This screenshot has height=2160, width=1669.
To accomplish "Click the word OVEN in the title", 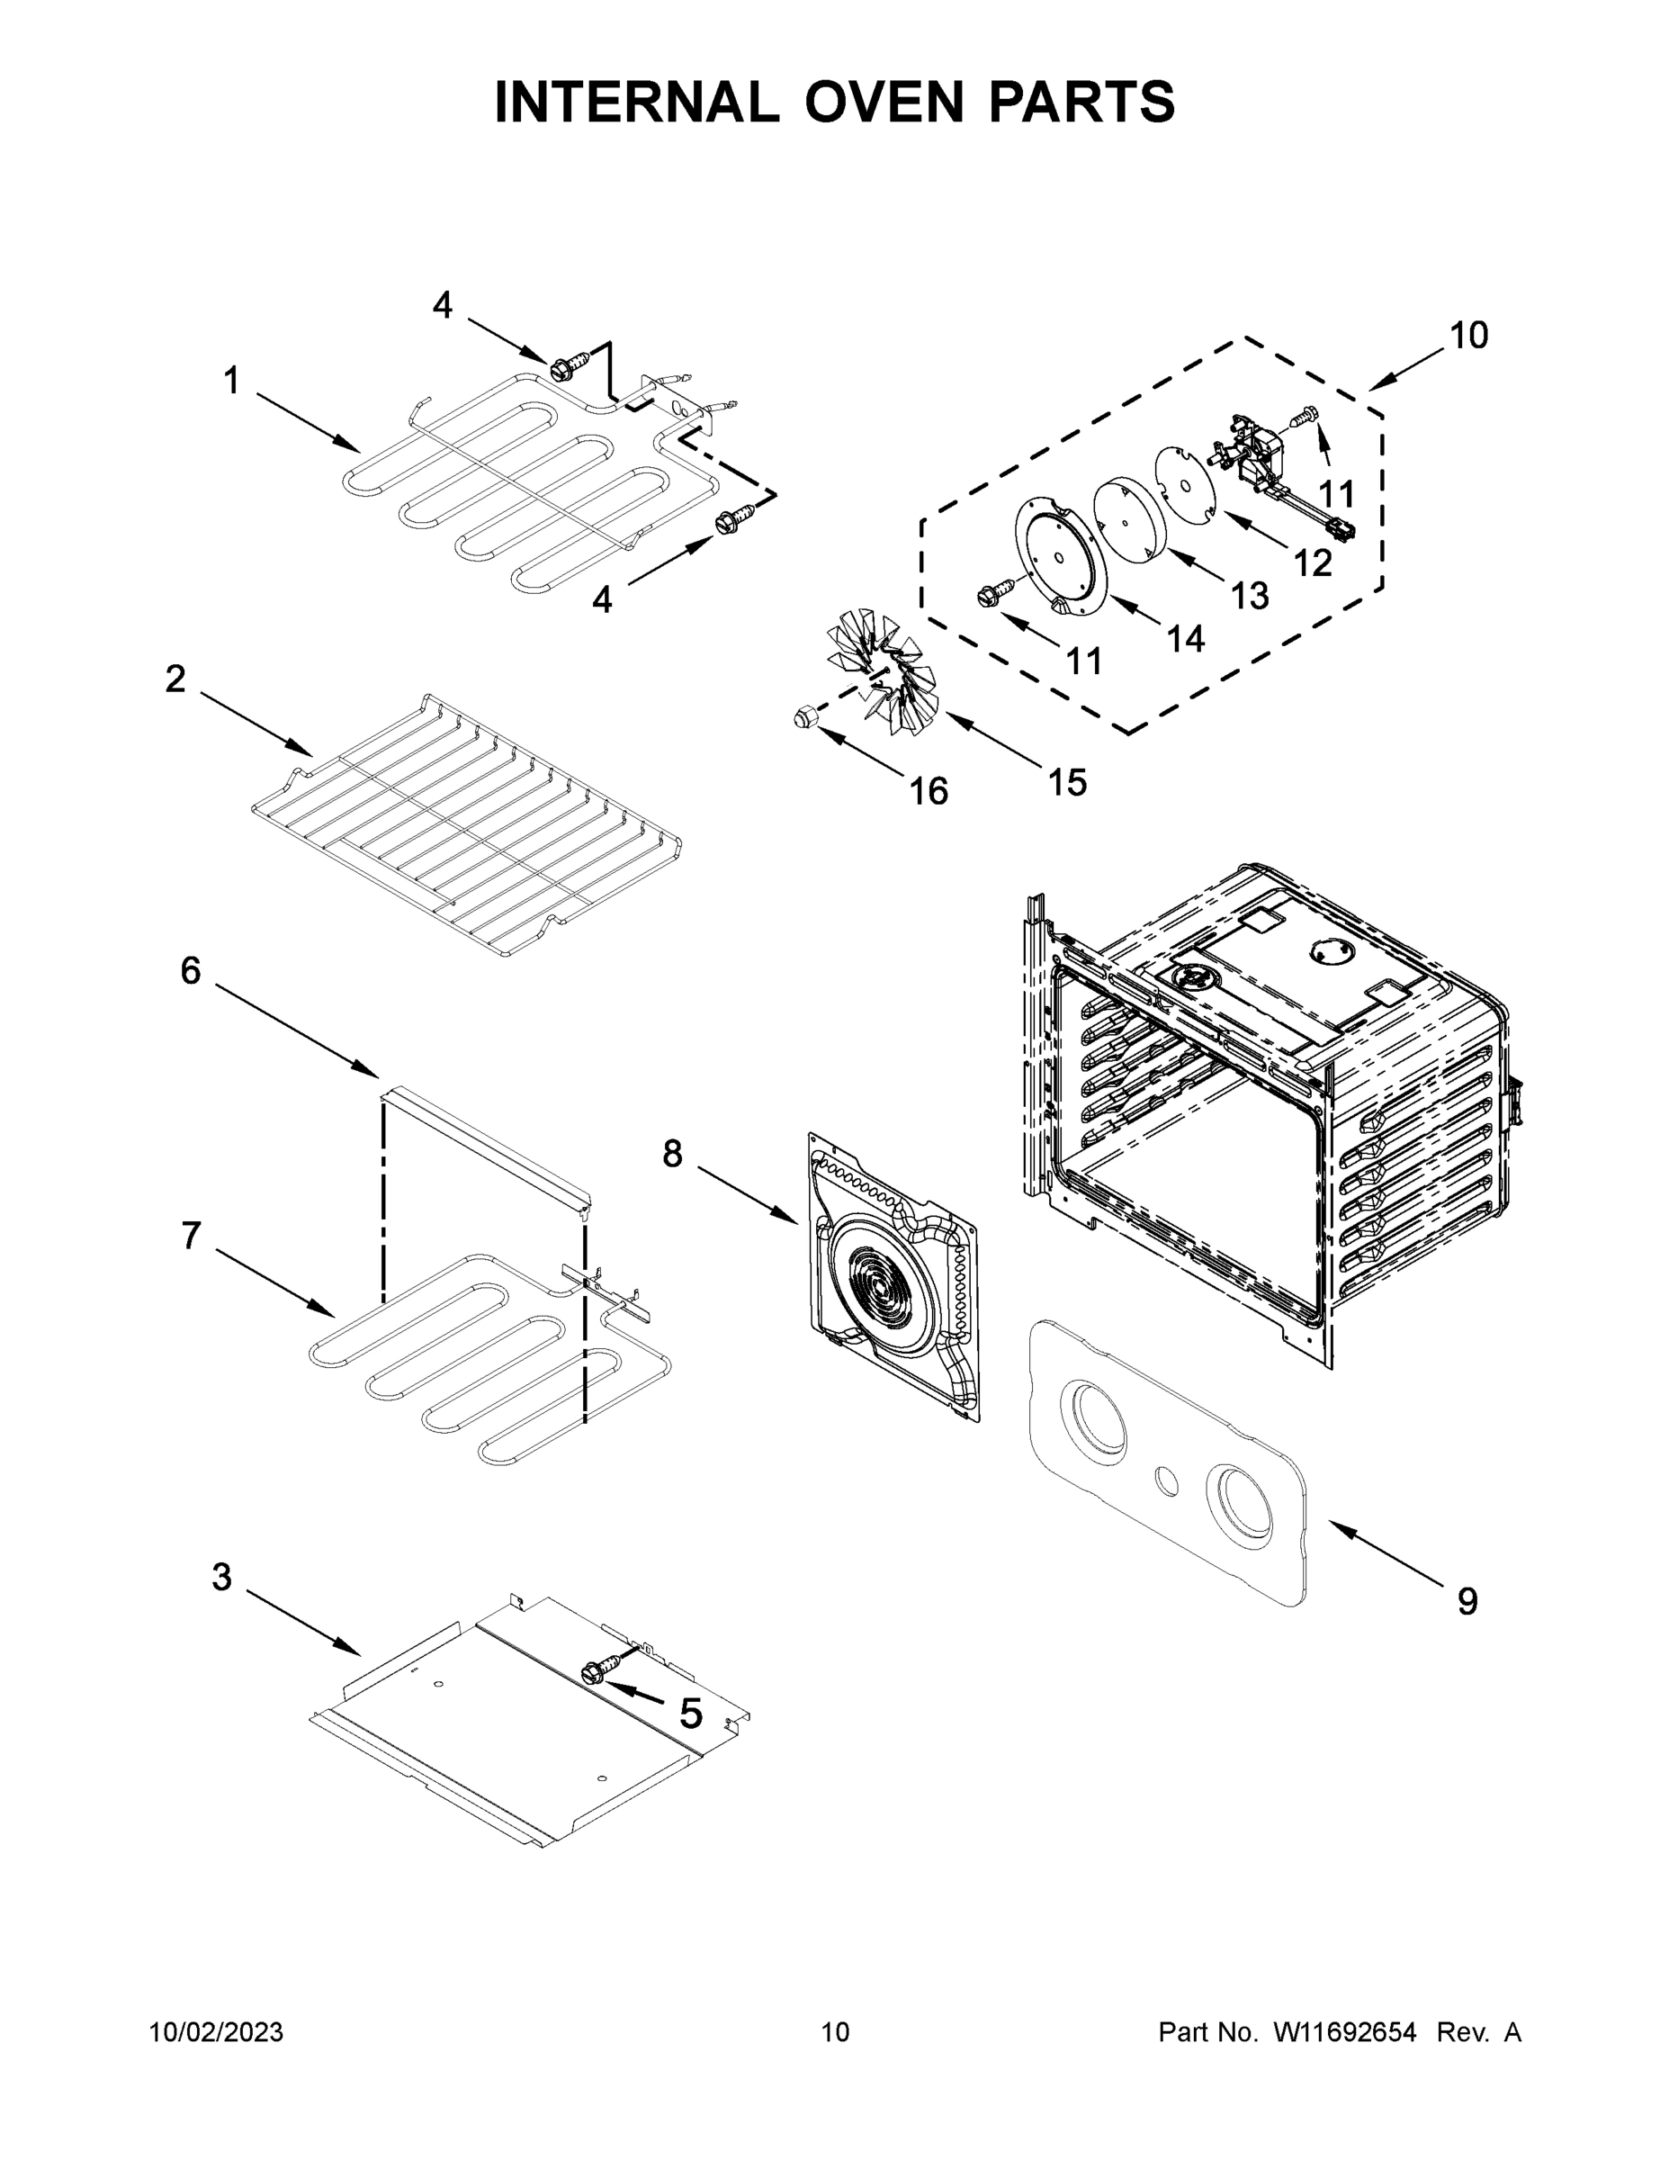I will pyautogui.click(x=883, y=102).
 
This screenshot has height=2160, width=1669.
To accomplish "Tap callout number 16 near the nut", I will pyautogui.click(x=928, y=790).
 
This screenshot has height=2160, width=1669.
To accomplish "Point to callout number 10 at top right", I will pyautogui.click(x=1468, y=337).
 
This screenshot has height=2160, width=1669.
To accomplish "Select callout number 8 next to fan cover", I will pyautogui.click(x=672, y=1153).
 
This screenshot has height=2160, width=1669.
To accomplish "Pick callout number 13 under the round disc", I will pyautogui.click(x=1250, y=596).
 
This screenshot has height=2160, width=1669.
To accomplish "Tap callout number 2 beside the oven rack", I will pyautogui.click(x=175, y=679).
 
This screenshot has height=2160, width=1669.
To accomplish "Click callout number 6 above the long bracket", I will pyautogui.click(x=190, y=971).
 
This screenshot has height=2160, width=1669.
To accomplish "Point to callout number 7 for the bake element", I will pyautogui.click(x=190, y=1236).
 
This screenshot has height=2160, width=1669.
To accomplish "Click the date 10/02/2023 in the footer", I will pyautogui.click(x=217, y=2032).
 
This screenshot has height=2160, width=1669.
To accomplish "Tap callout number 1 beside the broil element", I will pyautogui.click(x=231, y=381).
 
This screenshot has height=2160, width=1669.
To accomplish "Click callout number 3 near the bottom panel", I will pyautogui.click(x=221, y=1578).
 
